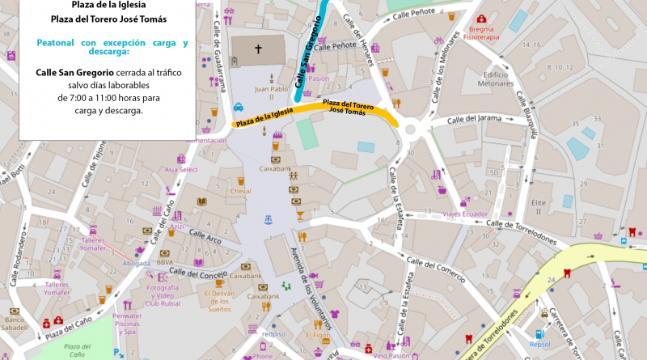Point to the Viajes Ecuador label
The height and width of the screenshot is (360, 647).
click(465, 214)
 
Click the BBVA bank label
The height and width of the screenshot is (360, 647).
click(165, 262)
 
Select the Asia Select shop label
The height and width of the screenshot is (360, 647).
click(181, 170)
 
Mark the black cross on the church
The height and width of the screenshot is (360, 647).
click(259, 49)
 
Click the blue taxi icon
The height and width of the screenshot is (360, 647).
click(239, 106)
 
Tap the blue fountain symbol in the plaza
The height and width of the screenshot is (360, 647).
click(268, 219)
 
